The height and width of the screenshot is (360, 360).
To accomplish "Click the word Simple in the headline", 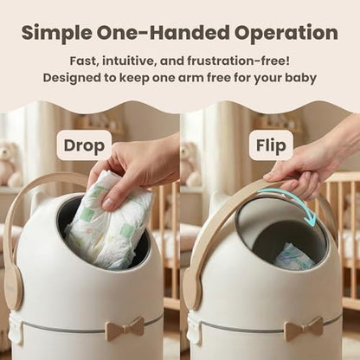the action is pos(57,34).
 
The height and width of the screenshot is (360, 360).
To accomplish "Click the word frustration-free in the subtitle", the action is pos(238,61).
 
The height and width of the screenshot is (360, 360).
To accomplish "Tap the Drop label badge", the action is pos(84,145).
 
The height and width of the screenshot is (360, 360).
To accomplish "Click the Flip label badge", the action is pos(271,145).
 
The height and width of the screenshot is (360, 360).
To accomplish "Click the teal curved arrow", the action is pos(297,199).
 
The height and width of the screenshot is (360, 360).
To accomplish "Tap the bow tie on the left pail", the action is pos(125,329).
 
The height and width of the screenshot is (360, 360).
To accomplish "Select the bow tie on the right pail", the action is pos(304,329).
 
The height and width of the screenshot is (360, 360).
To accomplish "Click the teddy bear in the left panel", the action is pos(10,164).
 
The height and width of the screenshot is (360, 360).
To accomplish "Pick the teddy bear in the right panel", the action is pos(190,164).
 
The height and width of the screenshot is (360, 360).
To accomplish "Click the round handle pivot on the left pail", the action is pos(14,289).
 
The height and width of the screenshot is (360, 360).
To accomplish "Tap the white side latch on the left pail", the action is pos(16,329).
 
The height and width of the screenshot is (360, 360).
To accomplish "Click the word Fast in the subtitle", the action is pos(82,61).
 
